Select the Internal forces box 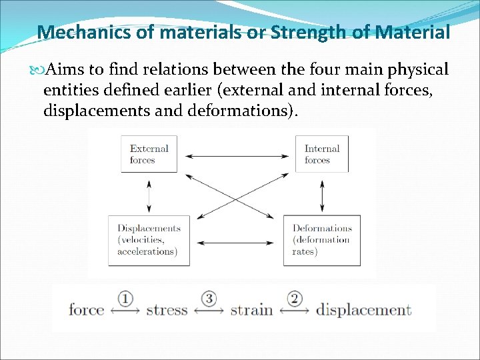click(x=322, y=154)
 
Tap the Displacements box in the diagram click(x=148, y=240)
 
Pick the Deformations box click(x=322, y=240)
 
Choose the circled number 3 click(x=209, y=298)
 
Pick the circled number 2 click(x=294, y=298)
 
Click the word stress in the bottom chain click(x=167, y=309)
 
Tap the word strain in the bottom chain click(x=251, y=309)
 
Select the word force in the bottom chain click(x=87, y=309)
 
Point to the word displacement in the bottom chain click(x=363, y=309)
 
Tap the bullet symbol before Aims click(x=35, y=70)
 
